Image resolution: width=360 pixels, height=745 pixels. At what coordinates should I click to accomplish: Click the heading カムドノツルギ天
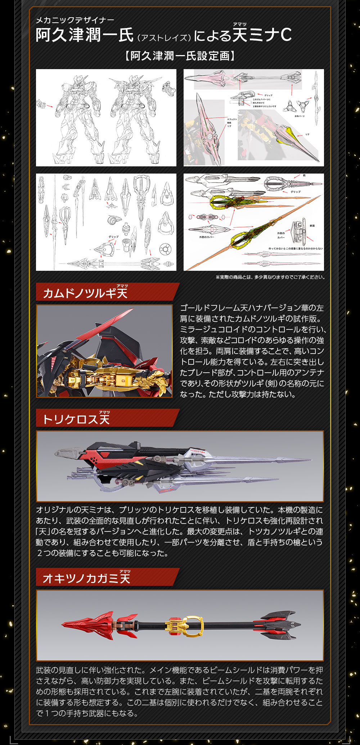tap(85, 293)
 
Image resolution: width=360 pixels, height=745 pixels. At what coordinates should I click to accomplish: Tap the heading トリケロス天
tap(76, 419)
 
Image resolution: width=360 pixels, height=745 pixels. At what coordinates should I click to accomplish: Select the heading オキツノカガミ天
tap(86, 578)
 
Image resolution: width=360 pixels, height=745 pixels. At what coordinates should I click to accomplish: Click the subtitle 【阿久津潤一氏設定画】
tap(180, 56)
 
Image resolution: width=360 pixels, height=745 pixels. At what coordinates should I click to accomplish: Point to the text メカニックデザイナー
tap(75, 20)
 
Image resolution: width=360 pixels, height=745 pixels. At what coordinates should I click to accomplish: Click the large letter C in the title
tap(286, 35)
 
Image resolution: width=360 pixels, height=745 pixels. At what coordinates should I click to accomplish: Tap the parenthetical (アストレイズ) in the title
tap(163, 37)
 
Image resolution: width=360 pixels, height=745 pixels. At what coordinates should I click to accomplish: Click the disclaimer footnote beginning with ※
tap(270, 277)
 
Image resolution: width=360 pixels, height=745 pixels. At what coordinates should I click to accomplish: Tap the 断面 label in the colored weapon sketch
tap(312, 226)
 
